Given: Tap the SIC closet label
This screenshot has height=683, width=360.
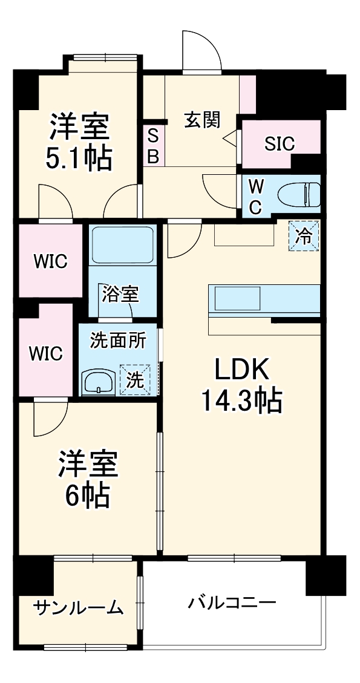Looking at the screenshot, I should pyautogui.click(x=280, y=144).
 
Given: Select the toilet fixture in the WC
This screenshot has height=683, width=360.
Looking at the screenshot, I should pyautogui.click(x=299, y=194).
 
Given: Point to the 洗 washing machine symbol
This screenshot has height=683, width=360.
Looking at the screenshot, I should pyautogui.click(x=136, y=380).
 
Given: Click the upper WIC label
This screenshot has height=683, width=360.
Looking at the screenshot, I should pyautogui.click(x=50, y=261).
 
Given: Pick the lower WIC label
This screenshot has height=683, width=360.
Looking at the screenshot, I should pyautogui.click(x=46, y=353).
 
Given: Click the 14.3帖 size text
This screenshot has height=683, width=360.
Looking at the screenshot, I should pyautogui.click(x=241, y=399).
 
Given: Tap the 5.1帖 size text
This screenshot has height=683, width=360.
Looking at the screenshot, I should pyautogui.click(x=79, y=158).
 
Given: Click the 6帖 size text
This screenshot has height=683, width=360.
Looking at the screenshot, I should pyautogui.click(x=88, y=496).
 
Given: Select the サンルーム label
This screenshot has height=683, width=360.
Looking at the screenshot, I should pyautogui.click(x=79, y=607).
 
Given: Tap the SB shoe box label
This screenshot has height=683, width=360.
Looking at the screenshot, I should pyautogui.click(x=153, y=145).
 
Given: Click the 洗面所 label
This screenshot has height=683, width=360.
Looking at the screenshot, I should pyautogui.click(x=118, y=341).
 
